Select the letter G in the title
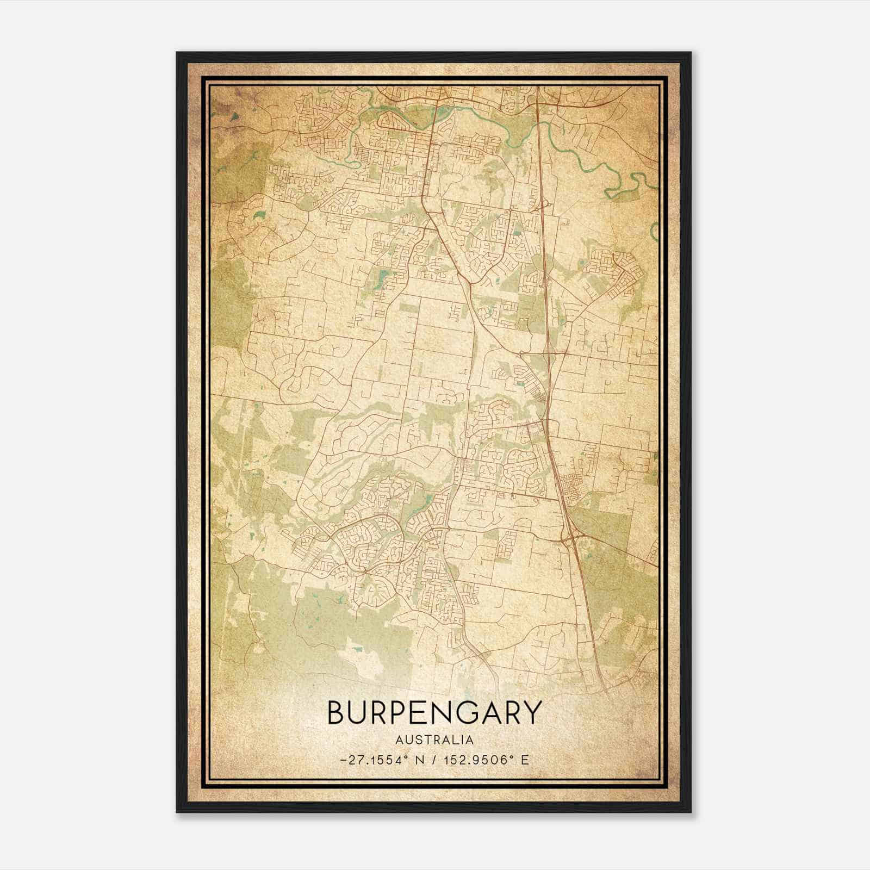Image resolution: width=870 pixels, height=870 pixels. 458,712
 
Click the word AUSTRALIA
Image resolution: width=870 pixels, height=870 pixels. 434,740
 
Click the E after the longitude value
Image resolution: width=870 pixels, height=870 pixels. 525,760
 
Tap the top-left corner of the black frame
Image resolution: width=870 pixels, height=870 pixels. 178,53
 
